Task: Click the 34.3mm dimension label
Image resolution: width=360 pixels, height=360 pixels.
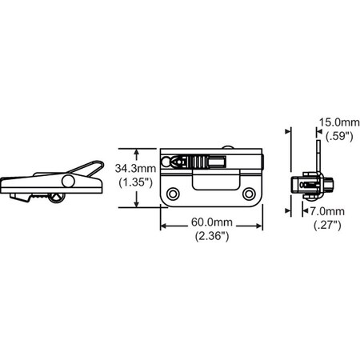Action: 135,169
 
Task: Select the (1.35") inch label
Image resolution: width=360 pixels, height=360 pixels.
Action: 135,182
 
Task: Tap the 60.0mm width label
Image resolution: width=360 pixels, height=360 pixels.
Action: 212,222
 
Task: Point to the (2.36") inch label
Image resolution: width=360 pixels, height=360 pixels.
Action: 212,236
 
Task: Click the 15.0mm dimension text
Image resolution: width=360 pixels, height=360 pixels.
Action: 339,122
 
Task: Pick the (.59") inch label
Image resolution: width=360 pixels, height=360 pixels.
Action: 339,136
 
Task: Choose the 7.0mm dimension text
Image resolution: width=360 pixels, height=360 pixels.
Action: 327,211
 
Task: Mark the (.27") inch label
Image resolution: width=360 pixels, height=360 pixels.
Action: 327,226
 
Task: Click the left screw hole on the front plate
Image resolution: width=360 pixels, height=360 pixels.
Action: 173,194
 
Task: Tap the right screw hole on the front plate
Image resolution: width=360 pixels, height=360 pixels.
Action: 249,194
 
